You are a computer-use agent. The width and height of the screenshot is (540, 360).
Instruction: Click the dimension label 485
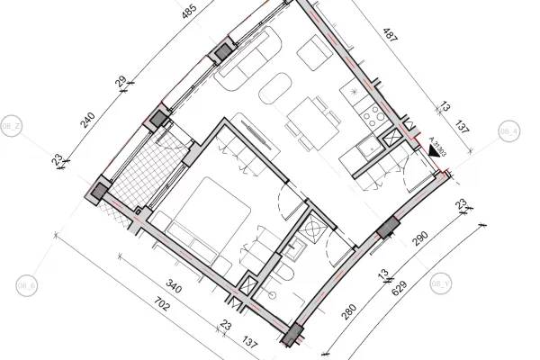tap(187, 13)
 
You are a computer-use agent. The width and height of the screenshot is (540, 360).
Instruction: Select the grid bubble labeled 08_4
tap(508, 131)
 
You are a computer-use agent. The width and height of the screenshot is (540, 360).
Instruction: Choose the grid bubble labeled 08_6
tap(26, 286)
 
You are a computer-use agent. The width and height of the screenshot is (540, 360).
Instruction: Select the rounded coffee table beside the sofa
tap(274, 88)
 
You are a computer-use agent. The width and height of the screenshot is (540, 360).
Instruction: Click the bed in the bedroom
tap(211, 212)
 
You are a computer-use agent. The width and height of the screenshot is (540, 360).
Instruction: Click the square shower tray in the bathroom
tap(316, 229)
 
